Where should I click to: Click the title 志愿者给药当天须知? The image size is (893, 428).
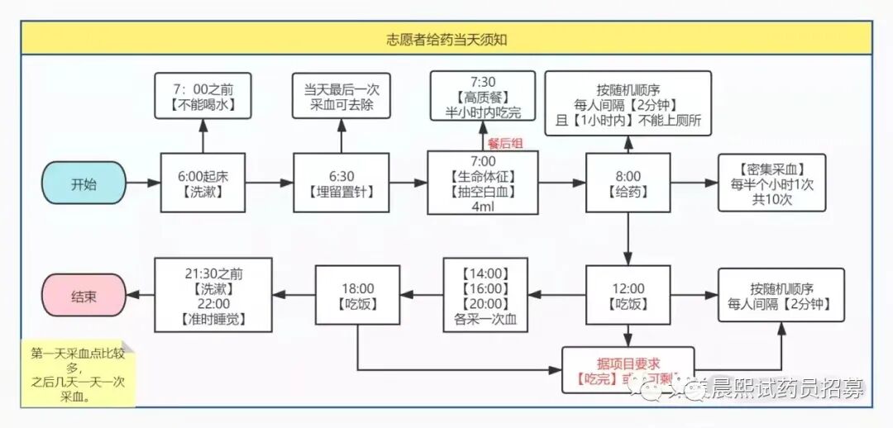click(446, 39)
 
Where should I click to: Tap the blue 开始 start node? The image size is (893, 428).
click(84, 183)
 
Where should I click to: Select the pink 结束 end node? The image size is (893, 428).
click(84, 295)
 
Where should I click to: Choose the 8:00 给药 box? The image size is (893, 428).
click(628, 183)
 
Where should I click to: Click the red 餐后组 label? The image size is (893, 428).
click(505, 143)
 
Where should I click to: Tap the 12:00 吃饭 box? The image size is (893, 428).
click(628, 295)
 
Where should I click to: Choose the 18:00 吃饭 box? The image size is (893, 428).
click(357, 295)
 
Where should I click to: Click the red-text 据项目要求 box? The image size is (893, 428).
click(628, 370)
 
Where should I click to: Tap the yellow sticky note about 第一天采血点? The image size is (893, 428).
click(78, 374)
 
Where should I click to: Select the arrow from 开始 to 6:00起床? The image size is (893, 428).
click(143, 183)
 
